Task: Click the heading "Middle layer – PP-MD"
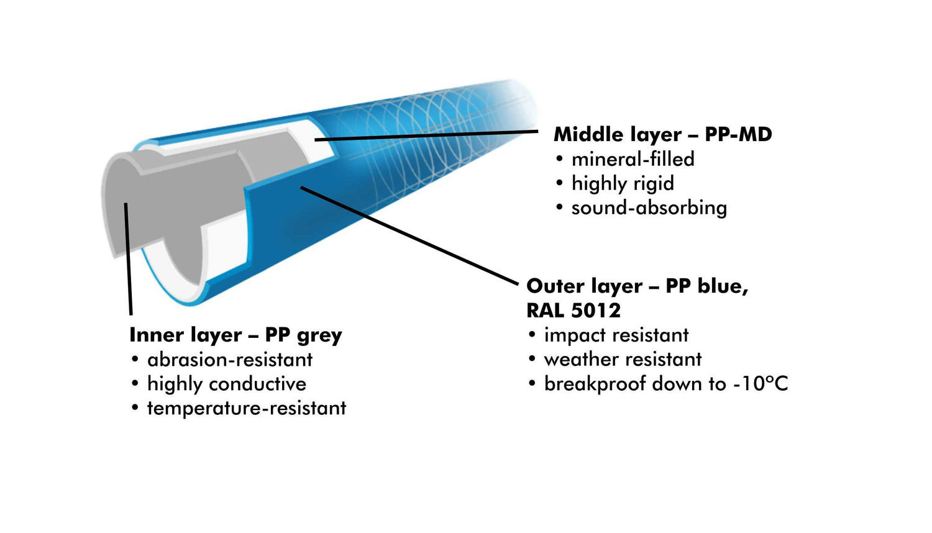tap(662, 134)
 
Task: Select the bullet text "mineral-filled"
tap(633, 159)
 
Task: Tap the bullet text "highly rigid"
tap(623, 183)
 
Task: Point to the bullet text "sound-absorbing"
tap(649, 207)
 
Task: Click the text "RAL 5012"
tap(573, 310)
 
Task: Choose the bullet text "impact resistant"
tap(616, 335)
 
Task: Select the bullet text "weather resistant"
tap(623, 359)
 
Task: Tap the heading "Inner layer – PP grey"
tap(235, 335)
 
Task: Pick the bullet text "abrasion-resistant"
tap(230, 360)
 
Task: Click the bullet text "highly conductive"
tap(226, 384)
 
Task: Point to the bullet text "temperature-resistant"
tap(246, 408)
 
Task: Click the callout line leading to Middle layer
tap(429, 135)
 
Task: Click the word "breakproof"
tap(595, 384)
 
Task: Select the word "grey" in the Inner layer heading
tap(319, 335)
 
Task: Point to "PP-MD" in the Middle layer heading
tap(738, 134)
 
